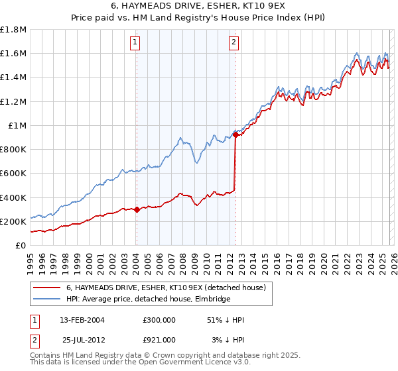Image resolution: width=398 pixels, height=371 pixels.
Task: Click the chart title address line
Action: pyautogui.click(x=198, y=6)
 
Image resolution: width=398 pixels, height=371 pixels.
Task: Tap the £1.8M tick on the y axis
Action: pyautogui.click(x=13, y=30)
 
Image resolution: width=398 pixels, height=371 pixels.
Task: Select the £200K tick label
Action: pyautogui.click(x=13, y=221)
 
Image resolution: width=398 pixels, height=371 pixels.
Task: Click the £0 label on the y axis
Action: pyautogui.click(x=21, y=245)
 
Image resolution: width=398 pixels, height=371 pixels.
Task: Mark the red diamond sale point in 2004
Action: pyautogui.click(x=137, y=209)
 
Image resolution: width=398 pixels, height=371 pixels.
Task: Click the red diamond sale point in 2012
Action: pyautogui.click(x=235, y=135)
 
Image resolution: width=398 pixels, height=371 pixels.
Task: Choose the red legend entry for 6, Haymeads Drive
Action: pyautogui.click(x=166, y=288)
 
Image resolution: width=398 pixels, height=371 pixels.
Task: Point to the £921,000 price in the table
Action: pyautogui.click(x=159, y=339)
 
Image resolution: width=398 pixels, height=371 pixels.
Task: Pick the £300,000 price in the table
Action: pyautogui.click(x=159, y=320)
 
